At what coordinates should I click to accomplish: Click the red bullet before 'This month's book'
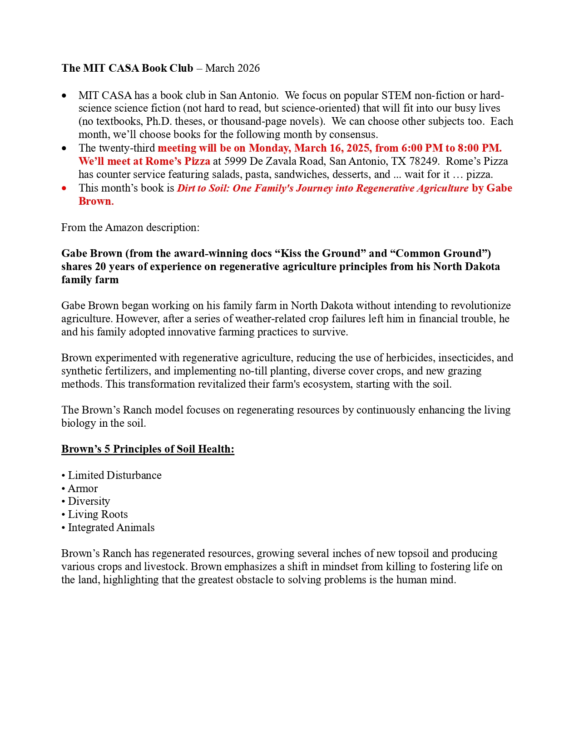pos(64,188)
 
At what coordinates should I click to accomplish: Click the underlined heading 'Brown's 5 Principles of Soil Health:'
pos(148,449)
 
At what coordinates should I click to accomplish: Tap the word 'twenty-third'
pos(127,148)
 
